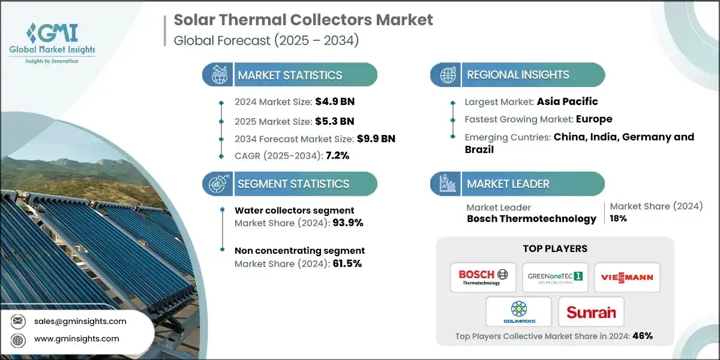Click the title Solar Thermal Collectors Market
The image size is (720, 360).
pos(303,20)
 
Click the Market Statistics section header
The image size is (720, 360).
pos(290,75)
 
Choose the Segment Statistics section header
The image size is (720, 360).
pos(293,184)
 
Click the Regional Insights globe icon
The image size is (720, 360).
pos(448,75)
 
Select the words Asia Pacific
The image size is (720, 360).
pos(567,101)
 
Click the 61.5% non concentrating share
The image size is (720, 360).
pos(347,263)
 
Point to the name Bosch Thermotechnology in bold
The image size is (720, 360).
pos(532,218)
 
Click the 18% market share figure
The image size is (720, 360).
pos(619,218)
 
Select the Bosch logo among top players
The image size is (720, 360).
pos(483,277)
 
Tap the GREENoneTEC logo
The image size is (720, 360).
pos(555,277)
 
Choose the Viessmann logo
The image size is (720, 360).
pos(627,277)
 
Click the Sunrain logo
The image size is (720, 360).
pos(591,312)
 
